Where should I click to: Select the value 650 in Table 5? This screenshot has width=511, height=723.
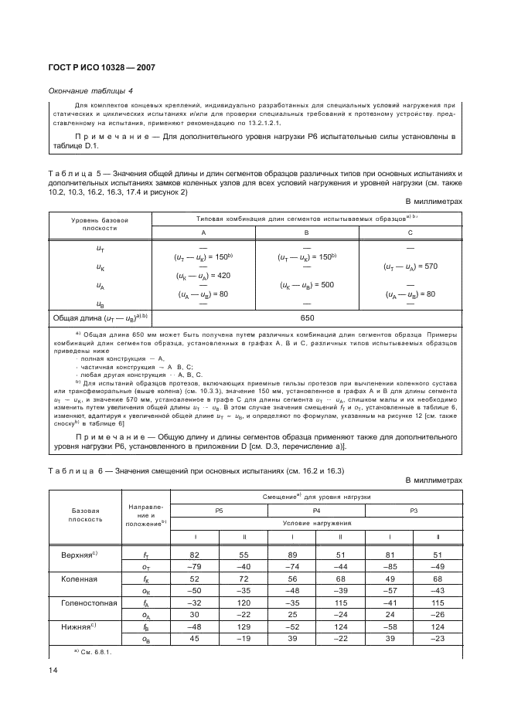click(307, 317)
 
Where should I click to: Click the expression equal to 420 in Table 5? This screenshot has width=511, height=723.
click(203, 275)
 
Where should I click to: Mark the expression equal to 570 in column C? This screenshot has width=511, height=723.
click(410, 266)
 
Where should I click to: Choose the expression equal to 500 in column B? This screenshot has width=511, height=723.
click(307, 284)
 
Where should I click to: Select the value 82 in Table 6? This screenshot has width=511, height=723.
click(194, 576)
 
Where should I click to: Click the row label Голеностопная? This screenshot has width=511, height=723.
click(88, 601)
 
